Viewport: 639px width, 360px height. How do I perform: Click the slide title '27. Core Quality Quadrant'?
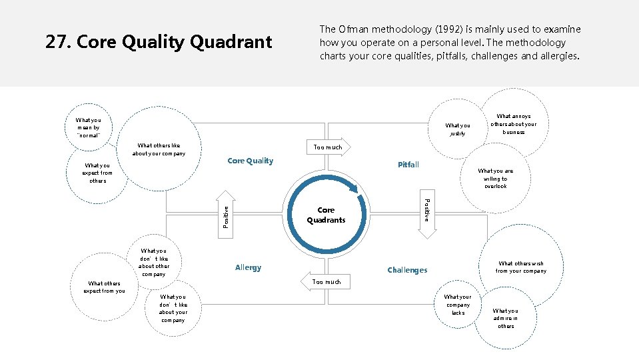point(159,43)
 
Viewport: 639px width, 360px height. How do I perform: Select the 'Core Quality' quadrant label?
point(250,161)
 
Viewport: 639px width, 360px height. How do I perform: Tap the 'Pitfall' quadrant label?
point(408,164)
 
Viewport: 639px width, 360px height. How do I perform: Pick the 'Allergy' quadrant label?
point(248,267)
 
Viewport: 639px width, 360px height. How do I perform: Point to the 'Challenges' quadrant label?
point(407,270)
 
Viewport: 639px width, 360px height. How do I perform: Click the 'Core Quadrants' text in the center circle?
point(326,215)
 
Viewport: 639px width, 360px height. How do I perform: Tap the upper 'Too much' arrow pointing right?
point(327,147)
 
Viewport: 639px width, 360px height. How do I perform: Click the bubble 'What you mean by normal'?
point(88,127)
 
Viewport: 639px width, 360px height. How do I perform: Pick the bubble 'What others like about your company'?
point(159,150)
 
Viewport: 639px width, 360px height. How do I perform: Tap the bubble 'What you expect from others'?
point(97,173)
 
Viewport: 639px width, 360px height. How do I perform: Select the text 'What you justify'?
point(457,129)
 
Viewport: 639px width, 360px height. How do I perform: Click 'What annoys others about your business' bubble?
point(513,124)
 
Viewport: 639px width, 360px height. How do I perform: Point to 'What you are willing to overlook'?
point(495,178)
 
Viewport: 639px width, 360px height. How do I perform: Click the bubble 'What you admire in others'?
point(505,318)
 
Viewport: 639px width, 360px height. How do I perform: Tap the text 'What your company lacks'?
point(457,305)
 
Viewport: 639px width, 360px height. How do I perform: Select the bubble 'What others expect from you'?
point(104,287)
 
